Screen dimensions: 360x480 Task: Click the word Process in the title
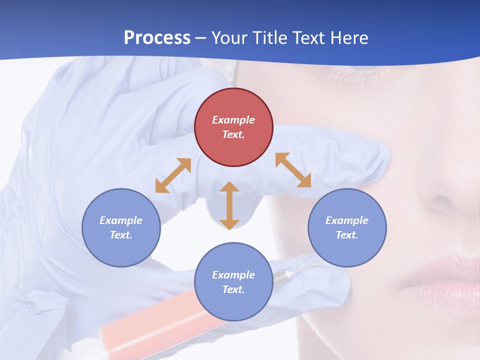click(157, 38)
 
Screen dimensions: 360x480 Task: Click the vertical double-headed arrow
click(229, 205)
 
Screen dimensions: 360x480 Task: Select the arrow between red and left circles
click(173, 175)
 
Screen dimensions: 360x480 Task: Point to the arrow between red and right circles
click(293, 170)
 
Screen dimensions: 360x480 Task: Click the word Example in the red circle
click(233, 120)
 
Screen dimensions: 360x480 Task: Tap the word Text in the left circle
click(121, 235)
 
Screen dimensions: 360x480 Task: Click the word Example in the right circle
click(347, 220)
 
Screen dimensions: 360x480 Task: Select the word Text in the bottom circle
click(233, 289)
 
